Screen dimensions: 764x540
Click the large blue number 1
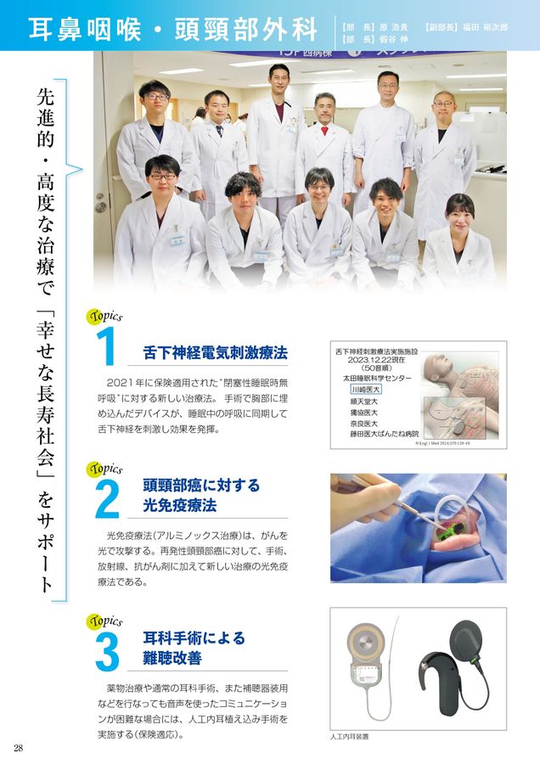[107, 349]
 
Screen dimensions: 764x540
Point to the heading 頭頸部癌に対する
[201, 486]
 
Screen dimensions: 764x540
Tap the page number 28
[18, 747]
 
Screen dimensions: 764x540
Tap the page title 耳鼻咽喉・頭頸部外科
[173, 28]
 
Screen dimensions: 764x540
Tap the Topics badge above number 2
[104, 468]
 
